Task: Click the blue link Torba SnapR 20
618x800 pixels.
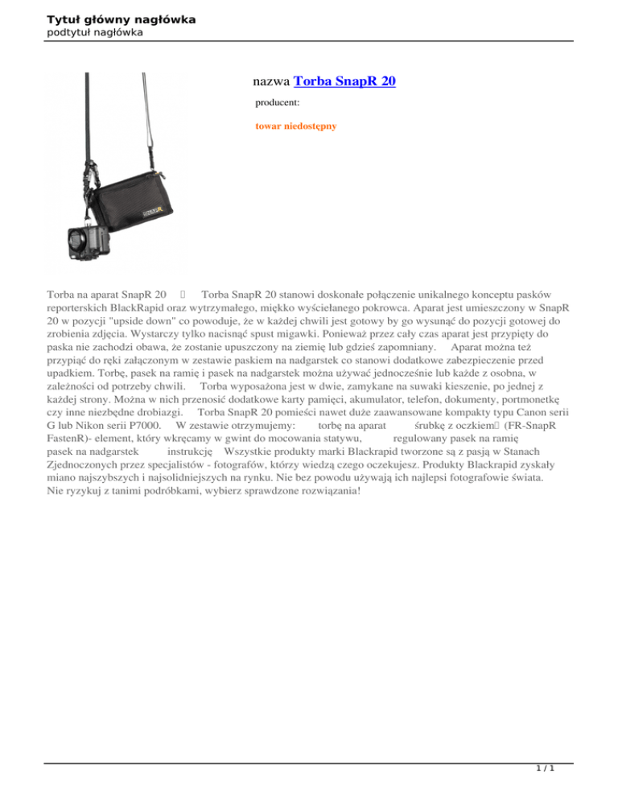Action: [344, 80]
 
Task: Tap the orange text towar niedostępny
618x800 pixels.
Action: [295, 126]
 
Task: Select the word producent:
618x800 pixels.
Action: [278, 103]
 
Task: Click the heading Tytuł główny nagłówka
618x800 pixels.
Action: [110, 18]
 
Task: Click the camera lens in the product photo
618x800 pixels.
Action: [77, 238]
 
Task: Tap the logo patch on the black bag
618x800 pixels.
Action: [154, 213]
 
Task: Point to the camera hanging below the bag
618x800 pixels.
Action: [89, 237]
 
